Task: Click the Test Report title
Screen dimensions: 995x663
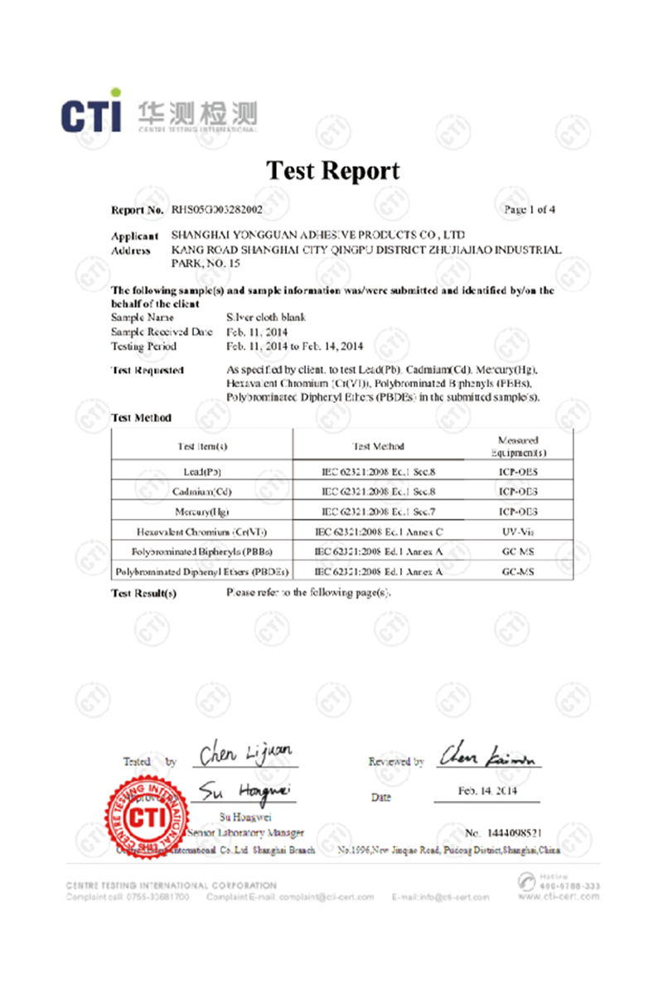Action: coord(332,171)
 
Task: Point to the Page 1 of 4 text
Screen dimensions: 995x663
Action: coord(530,210)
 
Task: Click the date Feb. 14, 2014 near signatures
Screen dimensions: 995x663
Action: coord(487,791)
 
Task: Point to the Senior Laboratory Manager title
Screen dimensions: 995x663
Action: coord(246,832)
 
